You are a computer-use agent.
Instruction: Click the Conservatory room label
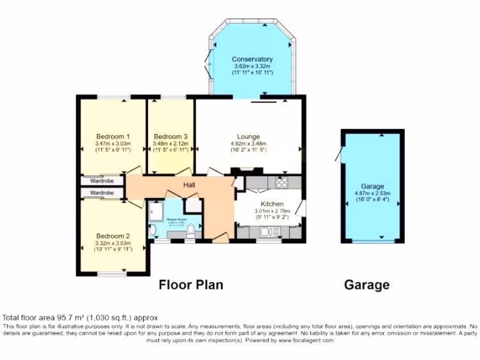tap(252, 59)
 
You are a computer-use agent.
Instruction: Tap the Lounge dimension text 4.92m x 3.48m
tap(248, 143)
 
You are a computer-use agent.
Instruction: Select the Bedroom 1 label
tap(112, 136)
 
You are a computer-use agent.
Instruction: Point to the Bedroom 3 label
tap(171, 136)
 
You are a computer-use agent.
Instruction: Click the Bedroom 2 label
tap(112, 236)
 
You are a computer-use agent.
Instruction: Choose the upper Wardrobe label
tap(102, 180)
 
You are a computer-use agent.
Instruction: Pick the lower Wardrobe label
tap(102, 193)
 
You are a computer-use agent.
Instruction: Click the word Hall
tap(189, 186)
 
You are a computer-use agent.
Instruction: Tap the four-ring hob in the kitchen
tap(281, 183)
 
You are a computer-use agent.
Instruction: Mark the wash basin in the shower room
tap(152, 230)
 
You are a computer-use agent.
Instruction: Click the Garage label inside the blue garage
tap(373, 186)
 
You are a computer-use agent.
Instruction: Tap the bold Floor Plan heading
tap(191, 285)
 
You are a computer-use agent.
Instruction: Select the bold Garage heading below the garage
tap(367, 285)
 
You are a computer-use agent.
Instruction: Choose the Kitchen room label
tap(272, 204)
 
